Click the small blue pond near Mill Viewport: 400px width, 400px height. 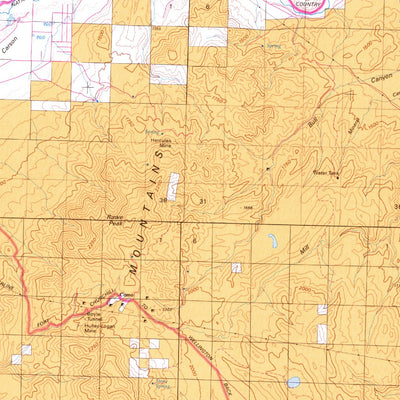pos(273,240)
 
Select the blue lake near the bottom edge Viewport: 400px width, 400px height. pos(294,382)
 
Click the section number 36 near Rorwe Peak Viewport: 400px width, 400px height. pos(162,202)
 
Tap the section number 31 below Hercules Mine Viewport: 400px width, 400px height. pos(204,202)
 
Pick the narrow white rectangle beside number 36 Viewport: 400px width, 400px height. pos(174,185)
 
